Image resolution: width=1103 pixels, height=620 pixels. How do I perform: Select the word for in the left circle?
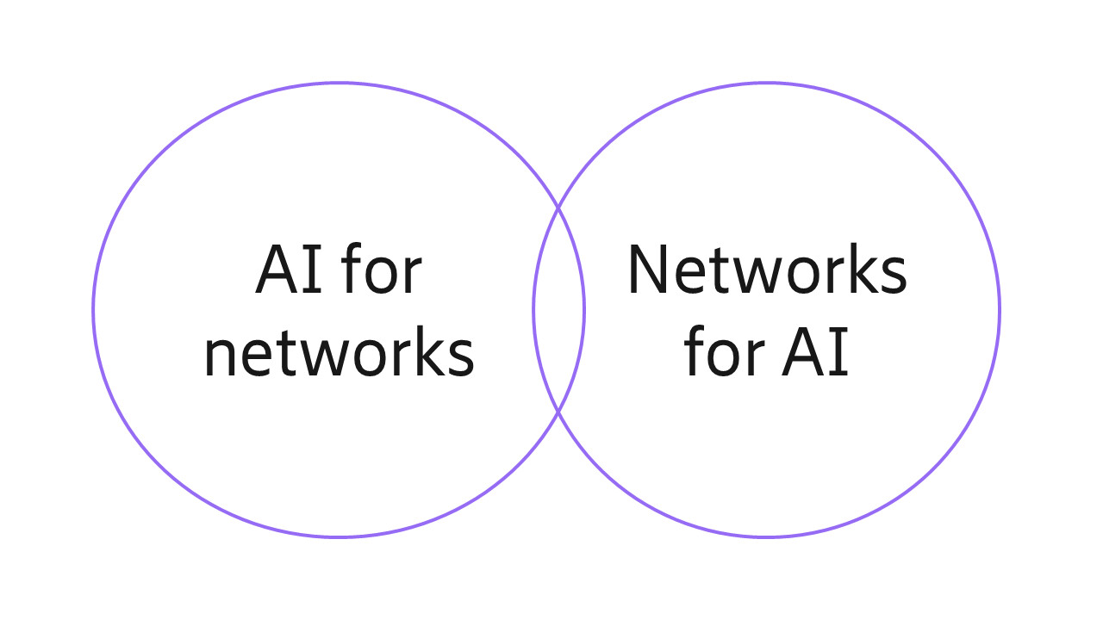(382, 270)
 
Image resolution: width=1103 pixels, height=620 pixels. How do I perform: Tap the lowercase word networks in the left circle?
(339, 354)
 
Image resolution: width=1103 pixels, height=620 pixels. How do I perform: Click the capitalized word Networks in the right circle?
(766, 270)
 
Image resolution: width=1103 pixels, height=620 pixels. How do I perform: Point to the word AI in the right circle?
(815, 354)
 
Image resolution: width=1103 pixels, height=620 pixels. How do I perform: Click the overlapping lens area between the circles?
(558, 310)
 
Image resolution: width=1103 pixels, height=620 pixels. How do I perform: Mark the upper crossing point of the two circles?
(558, 208)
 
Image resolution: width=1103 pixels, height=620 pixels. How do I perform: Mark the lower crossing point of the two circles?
(558, 412)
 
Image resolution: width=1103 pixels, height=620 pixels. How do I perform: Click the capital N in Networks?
(648, 270)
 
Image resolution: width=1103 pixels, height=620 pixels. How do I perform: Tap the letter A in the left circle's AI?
(278, 270)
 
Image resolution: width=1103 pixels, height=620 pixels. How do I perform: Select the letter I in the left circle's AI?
(314, 270)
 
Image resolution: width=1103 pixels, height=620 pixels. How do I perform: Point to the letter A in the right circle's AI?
(804, 354)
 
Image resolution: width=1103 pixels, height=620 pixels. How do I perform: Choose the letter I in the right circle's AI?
(840, 354)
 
